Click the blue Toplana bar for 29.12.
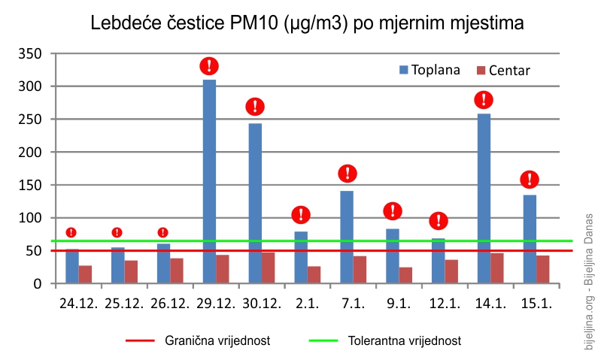[209, 182]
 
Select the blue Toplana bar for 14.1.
[484, 198]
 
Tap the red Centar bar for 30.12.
[269, 268]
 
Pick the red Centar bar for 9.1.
[405, 275]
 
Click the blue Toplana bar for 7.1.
[347, 237]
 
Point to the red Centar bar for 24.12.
[85, 274]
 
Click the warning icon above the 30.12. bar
[255, 107]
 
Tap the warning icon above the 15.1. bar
[530, 179]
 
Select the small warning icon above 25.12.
[117, 232]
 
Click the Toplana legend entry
[430, 70]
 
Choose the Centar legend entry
[503, 71]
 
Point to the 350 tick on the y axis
[30, 53]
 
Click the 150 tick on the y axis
[30, 185]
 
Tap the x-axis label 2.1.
[307, 304]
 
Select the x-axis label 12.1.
[445, 304]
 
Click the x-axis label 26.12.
[170, 304]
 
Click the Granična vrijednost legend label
[217, 340]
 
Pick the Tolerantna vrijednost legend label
[405, 340]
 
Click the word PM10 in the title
[253, 23]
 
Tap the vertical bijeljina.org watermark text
[588, 282]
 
